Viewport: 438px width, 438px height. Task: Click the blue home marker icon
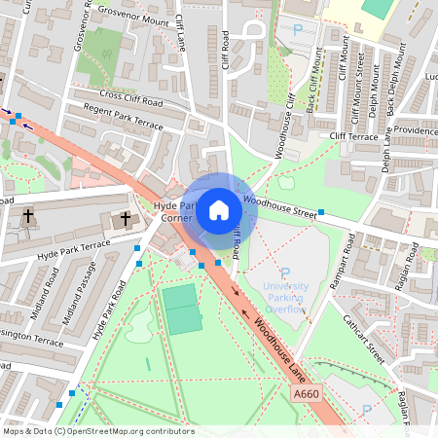pos(219,209)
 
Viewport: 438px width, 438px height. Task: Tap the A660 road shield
pos(306,392)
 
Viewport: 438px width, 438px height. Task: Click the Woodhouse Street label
pos(281,204)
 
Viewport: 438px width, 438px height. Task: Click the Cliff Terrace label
pos(352,136)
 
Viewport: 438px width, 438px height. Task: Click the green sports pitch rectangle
pos(180,310)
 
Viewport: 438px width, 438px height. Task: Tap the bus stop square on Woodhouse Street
pos(320,212)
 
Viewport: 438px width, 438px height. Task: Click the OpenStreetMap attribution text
pos(98,431)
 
